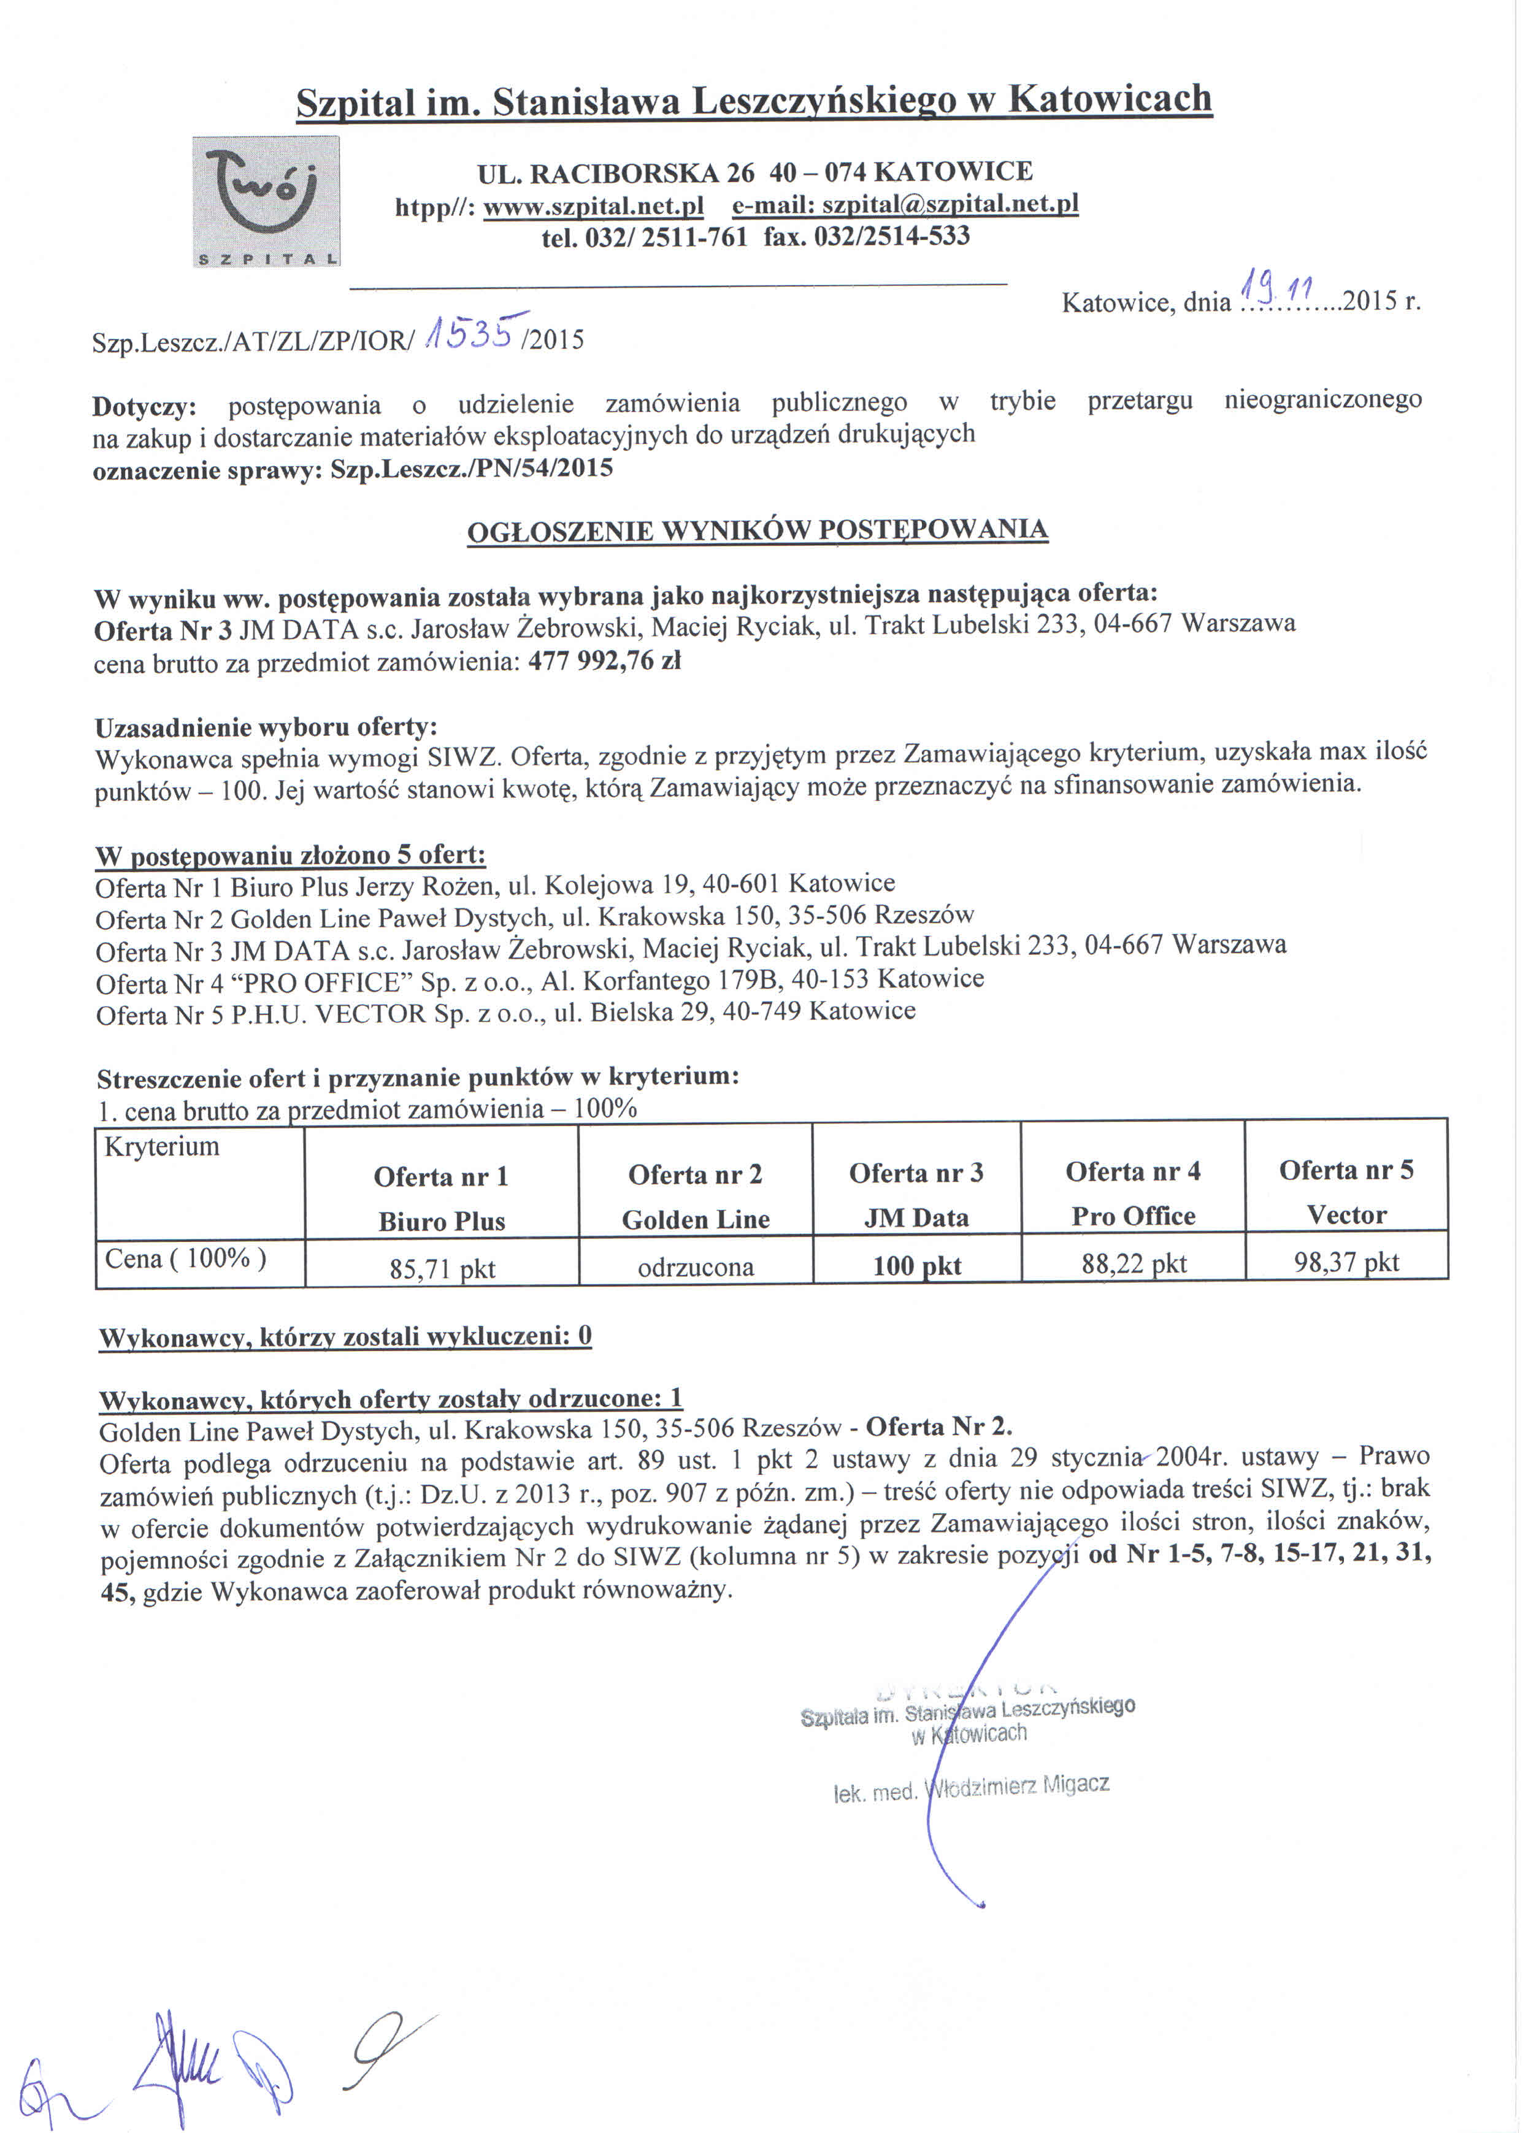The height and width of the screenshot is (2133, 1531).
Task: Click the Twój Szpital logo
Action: [266, 201]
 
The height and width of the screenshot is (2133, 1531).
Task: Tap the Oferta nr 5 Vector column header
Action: [1346, 1192]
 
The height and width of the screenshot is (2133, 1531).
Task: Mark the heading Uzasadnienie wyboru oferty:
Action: [266, 726]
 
